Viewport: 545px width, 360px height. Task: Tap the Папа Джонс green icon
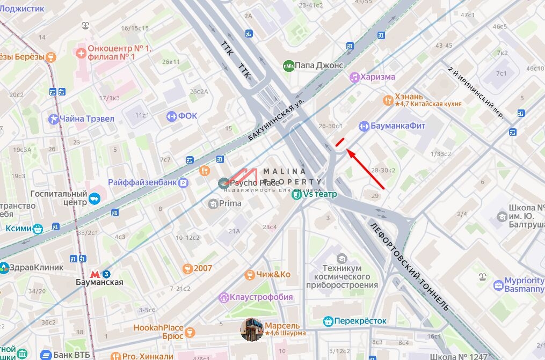[x=288, y=65]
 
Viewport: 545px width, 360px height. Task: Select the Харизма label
[x=377, y=77]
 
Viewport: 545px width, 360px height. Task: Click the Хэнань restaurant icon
[x=388, y=100]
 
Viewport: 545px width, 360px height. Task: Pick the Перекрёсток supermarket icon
[x=329, y=321]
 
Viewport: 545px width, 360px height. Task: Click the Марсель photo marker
[x=252, y=329]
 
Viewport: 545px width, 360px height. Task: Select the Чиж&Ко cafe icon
[x=249, y=275]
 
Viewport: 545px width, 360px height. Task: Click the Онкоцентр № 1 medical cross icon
[x=81, y=53]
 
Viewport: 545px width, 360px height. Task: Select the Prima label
[x=230, y=203]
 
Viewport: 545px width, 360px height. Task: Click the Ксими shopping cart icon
[x=38, y=229]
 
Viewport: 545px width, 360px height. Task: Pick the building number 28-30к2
[x=383, y=170]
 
